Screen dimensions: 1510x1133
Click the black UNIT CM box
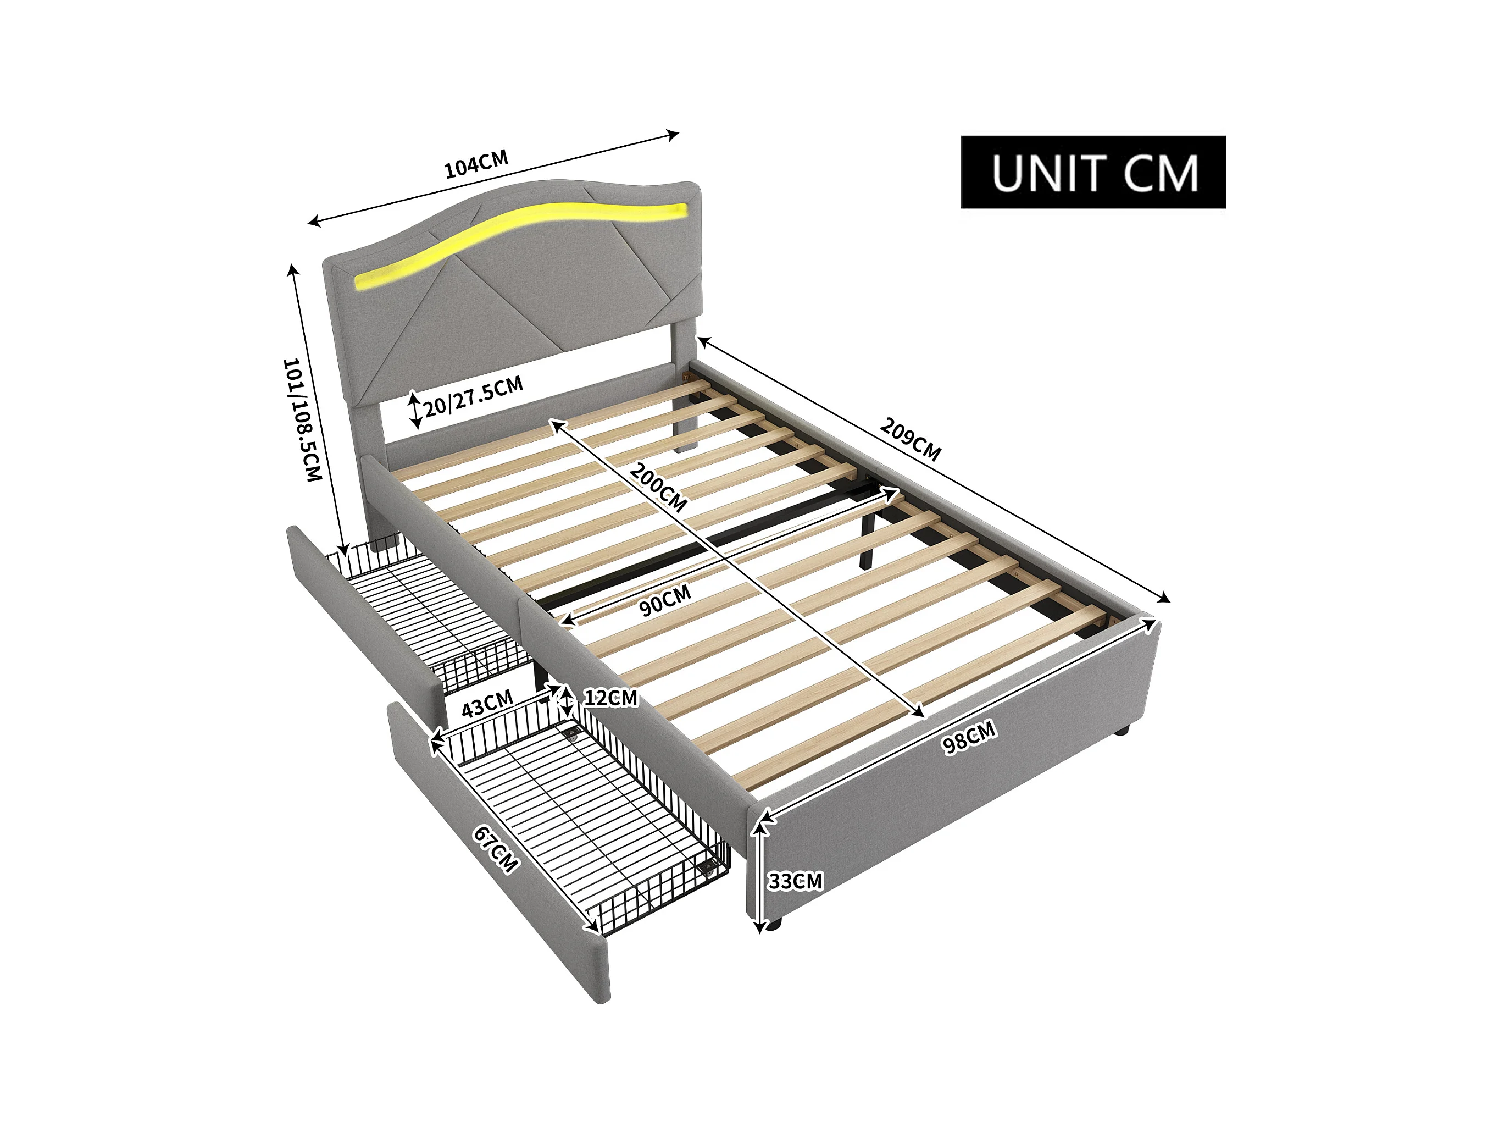[x=1092, y=172]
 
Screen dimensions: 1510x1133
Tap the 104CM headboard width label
[x=476, y=164]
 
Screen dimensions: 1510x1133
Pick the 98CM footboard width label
[x=969, y=738]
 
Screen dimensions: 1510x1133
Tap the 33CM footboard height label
[x=795, y=881]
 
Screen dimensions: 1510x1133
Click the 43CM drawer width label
[x=487, y=704]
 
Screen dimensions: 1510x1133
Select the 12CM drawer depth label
[x=610, y=697]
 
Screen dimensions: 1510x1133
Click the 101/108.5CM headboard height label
[x=301, y=419]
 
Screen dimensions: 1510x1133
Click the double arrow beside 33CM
[x=758, y=877]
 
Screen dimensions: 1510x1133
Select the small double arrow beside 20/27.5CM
[x=414, y=410]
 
